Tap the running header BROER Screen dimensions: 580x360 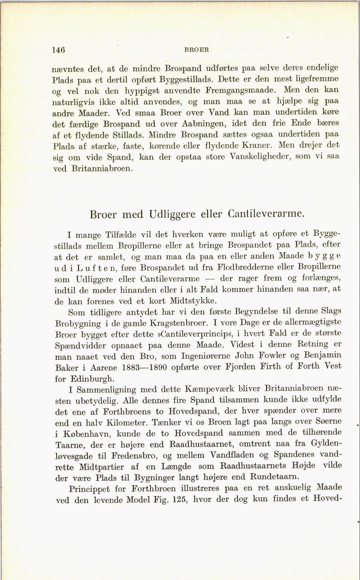(197, 50)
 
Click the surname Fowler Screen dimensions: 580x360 (266, 355)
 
